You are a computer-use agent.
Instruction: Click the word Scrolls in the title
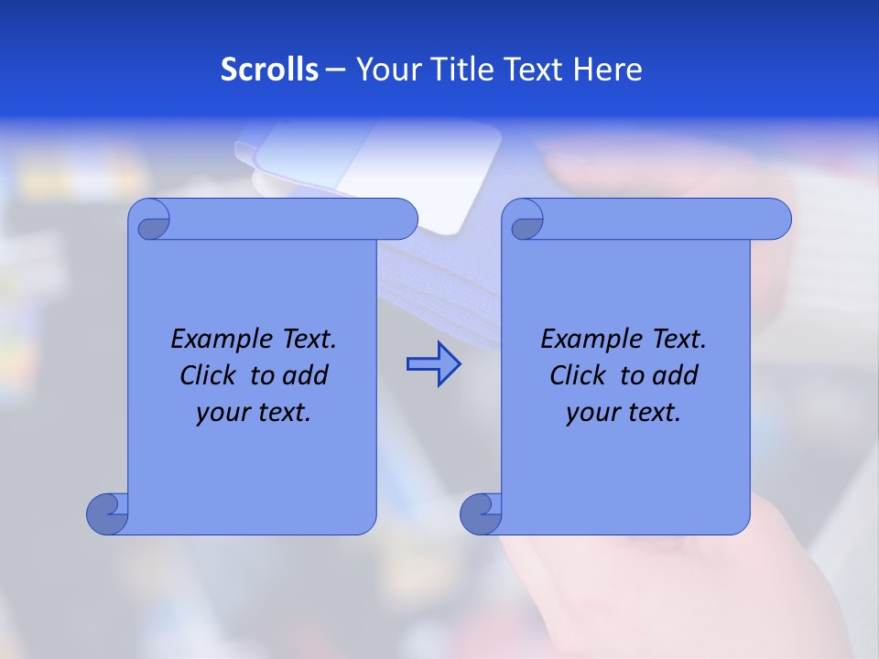(269, 70)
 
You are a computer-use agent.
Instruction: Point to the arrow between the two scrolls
(433, 363)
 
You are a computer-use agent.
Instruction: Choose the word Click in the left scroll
(201, 376)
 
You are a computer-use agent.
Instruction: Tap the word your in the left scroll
(221, 413)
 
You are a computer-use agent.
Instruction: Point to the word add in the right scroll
(677, 376)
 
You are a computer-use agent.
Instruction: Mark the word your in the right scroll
(591, 413)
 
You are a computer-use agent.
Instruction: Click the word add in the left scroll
(307, 376)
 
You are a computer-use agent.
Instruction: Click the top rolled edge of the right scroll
(659, 219)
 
